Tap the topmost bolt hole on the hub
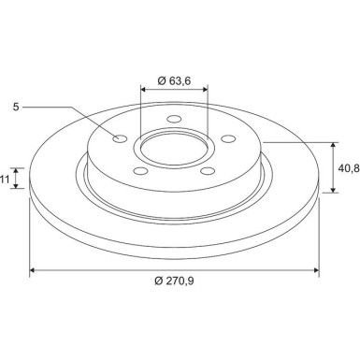pos(173,120)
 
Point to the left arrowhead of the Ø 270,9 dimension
pos(35,270)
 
